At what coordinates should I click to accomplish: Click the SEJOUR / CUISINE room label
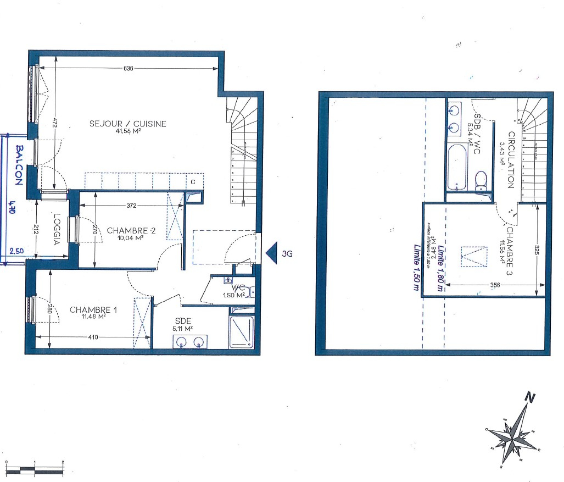click(127, 124)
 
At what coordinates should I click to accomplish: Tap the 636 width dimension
click(127, 68)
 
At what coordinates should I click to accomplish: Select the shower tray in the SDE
click(241, 332)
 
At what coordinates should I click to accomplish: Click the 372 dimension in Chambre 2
click(131, 206)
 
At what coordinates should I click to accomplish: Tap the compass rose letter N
click(529, 397)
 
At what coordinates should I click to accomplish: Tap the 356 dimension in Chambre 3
click(494, 285)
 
